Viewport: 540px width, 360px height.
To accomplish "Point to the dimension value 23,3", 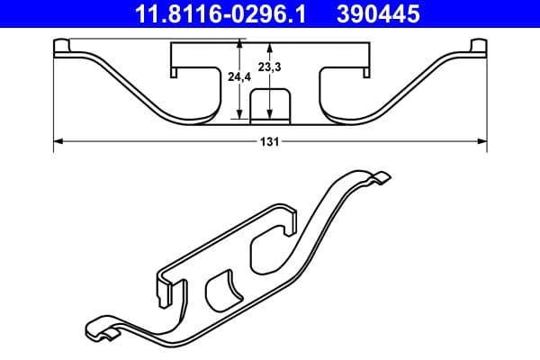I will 269,66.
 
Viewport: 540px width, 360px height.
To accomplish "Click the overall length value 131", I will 270,141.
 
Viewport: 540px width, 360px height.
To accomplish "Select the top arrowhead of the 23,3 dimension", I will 269,45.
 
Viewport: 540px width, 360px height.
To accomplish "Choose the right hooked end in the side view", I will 477,49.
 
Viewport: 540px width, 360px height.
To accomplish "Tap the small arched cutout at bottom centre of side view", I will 269,105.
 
